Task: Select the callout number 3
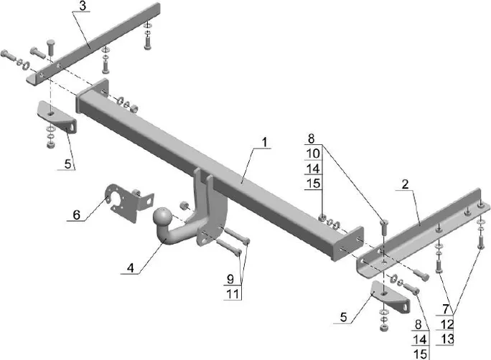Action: point(83,6)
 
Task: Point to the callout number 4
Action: point(130,268)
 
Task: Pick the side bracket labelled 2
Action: point(424,229)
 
